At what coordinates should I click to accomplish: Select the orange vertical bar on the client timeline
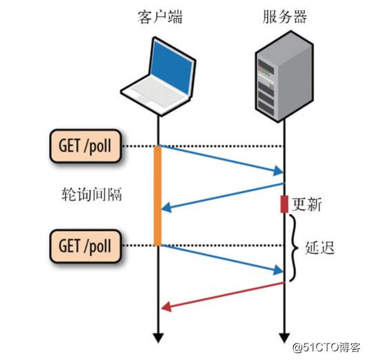click(158, 195)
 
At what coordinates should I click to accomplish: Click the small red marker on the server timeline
click(284, 204)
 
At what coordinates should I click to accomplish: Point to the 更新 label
click(307, 205)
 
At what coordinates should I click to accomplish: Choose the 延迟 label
click(319, 247)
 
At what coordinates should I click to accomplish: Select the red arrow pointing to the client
click(221, 296)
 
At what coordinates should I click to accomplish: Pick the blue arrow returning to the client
click(221, 196)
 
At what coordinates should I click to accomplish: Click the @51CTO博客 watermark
click(326, 346)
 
